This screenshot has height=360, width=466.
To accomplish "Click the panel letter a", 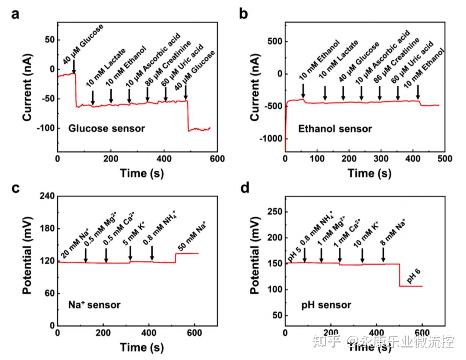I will click(x=15, y=15).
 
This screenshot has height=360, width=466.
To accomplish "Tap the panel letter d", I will click(x=245, y=188).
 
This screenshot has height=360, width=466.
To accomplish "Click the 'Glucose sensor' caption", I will click(x=107, y=128).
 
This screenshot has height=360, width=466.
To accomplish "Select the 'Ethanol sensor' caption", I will click(x=335, y=129).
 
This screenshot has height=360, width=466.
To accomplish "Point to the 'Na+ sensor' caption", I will click(x=94, y=304).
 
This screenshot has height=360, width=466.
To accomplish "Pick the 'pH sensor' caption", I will click(x=326, y=305).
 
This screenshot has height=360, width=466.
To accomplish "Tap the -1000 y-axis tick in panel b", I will click(x=271, y=139).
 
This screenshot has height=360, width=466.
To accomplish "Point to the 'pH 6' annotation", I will click(x=413, y=277).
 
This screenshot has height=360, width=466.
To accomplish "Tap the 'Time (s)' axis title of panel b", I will click(x=369, y=173).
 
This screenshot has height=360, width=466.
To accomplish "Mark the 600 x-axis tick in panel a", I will click(x=217, y=158).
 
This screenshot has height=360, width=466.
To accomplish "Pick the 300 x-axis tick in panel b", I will click(x=381, y=158).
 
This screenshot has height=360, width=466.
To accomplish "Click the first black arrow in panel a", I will click(x=74, y=67).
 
